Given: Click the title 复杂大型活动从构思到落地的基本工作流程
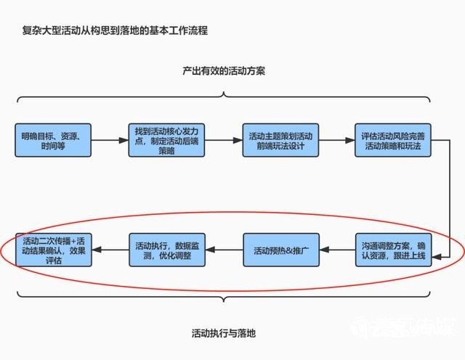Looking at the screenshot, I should pyautogui.click(x=116, y=31).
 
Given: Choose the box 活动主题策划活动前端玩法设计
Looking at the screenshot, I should pyautogui.click(x=280, y=141).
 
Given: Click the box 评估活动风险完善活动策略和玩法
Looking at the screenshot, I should pyautogui.click(x=393, y=141).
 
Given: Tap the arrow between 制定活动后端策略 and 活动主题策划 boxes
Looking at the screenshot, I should pyautogui.click(x=223, y=141).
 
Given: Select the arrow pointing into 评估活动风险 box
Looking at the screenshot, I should pyautogui.click(x=336, y=141).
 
